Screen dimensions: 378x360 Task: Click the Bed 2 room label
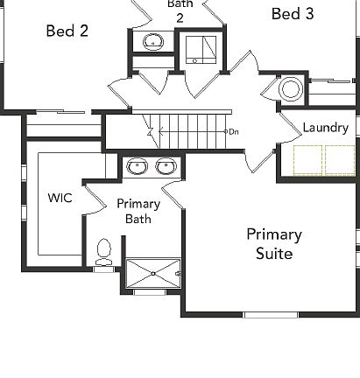[x=67, y=31]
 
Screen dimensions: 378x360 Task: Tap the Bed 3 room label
[x=292, y=13]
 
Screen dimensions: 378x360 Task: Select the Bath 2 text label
[x=180, y=10]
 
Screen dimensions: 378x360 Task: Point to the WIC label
[x=60, y=198]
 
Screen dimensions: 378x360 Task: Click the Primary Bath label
[x=138, y=211]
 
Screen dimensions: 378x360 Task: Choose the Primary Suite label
[x=274, y=244]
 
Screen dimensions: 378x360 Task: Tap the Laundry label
[x=325, y=128]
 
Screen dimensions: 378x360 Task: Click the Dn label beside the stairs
[x=234, y=131]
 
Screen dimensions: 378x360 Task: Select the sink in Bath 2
[x=154, y=41]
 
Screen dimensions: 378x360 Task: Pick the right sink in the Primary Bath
[x=165, y=166]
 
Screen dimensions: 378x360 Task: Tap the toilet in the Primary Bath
[x=104, y=251]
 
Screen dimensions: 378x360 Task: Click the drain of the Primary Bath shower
[x=153, y=273]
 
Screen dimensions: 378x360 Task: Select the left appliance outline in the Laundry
[x=307, y=159]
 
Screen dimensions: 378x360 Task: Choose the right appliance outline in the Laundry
[x=339, y=159]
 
